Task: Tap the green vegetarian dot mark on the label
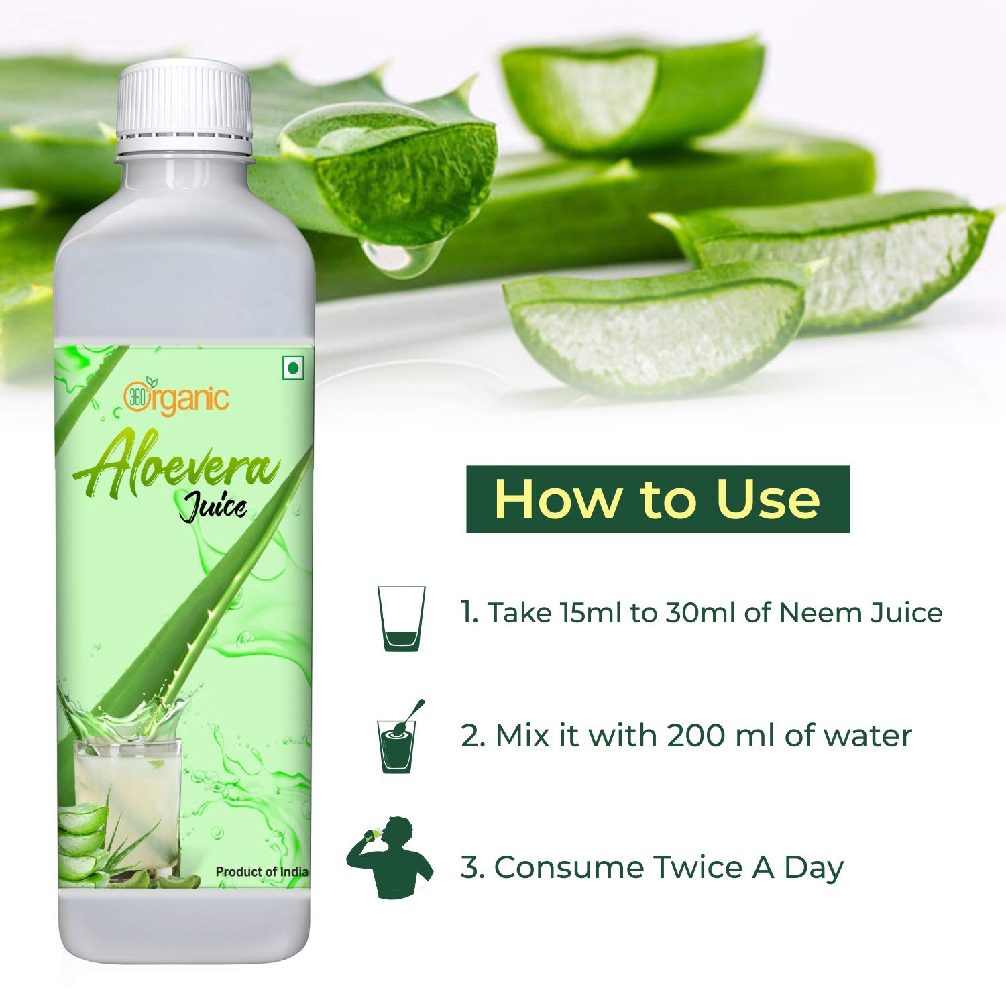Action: tap(292, 368)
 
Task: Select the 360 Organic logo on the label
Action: tap(176, 397)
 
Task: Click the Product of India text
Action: tap(262, 871)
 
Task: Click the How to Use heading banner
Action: tap(657, 499)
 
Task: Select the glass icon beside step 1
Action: tap(401, 618)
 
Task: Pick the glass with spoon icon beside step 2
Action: tap(396, 738)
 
